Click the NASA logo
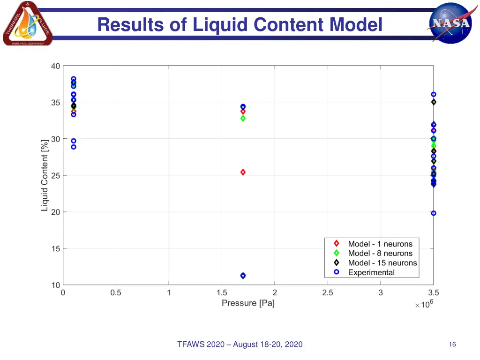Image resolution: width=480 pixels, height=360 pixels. coord(450,23)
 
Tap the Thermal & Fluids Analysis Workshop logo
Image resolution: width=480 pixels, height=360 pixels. coord(27,24)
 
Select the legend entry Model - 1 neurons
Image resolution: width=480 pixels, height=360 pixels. coord(380,244)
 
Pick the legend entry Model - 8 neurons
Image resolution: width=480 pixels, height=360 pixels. coord(380,253)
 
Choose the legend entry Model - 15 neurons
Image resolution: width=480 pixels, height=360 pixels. coord(382,263)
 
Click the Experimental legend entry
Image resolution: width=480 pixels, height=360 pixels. coord(371,272)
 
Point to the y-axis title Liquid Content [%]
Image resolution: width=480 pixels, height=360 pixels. coord(45,175)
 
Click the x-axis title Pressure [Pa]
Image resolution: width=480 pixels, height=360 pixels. coord(248,303)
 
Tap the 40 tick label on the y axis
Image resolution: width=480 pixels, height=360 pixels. coord(55,66)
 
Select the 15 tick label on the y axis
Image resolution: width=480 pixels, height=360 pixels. coord(55,248)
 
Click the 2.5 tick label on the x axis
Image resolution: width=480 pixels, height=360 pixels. coord(328,293)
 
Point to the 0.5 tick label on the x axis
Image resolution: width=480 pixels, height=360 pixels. coord(116,293)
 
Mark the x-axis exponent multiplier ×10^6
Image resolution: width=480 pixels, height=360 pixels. coord(424,305)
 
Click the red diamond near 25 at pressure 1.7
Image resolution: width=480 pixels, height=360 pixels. coord(243,172)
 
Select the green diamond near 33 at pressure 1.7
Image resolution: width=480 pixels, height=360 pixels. coord(243,118)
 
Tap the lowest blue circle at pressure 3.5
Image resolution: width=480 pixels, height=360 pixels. coord(434,213)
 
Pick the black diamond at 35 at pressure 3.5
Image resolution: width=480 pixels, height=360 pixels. coord(434,102)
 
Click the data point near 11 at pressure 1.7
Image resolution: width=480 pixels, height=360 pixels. coord(243,276)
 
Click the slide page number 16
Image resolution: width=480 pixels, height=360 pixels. coord(452,345)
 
